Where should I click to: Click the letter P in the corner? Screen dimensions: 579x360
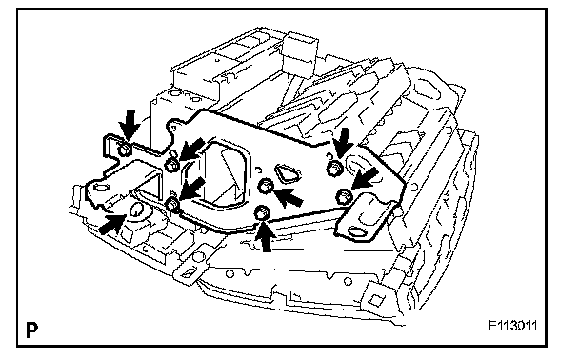[31, 330]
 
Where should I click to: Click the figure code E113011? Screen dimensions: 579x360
[513, 326]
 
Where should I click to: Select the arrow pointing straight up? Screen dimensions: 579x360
[265, 237]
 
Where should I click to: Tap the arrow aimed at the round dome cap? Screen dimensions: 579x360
[111, 224]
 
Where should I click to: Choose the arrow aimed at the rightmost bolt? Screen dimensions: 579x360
[365, 179]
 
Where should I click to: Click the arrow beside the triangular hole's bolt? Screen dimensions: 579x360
[289, 197]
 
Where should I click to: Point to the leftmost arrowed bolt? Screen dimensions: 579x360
[123, 150]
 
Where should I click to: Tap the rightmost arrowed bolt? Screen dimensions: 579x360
[343, 196]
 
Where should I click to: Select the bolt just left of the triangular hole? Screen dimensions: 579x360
[265, 186]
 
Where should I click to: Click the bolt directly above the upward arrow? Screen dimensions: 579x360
[262, 212]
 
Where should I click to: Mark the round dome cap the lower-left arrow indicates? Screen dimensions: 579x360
[136, 210]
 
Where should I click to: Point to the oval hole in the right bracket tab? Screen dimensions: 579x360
[358, 231]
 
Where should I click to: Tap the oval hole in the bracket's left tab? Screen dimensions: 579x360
[100, 187]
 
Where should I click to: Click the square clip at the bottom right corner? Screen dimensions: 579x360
[375, 298]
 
